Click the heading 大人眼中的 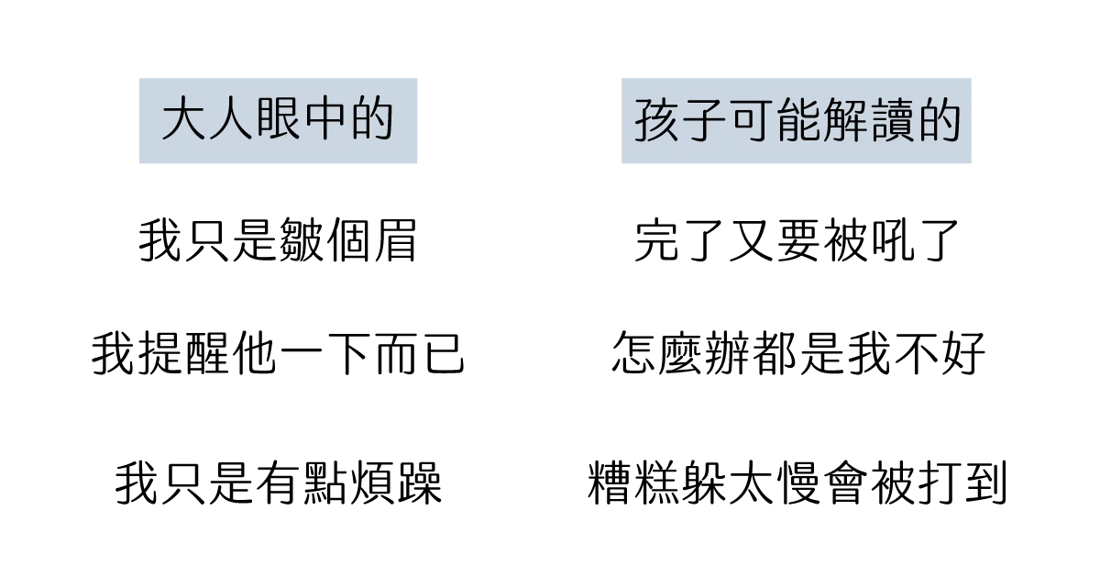click(x=278, y=120)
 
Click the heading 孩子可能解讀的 click(x=797, y=120)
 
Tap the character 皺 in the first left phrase click(x=301, y=241)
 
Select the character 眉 click(x=396, y=241)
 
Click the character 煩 click(x=373, y=483)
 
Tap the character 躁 click(x=421, y=483)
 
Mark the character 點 click(x=325, y=483)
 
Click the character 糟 click(x=609, y=483)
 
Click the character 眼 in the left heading click(x=278, y=120)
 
